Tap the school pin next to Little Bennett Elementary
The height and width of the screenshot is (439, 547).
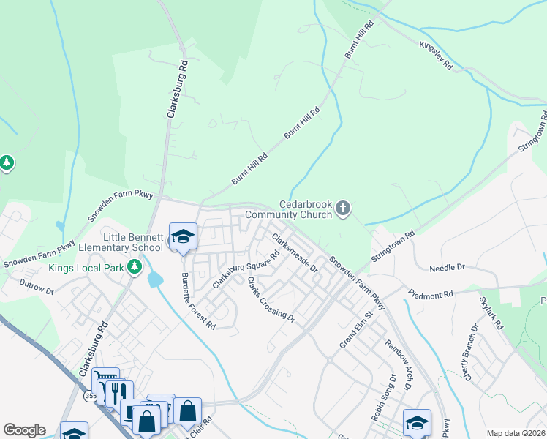183,236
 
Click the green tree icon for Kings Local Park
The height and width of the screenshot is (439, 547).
134,268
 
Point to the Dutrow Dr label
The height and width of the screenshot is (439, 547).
37,286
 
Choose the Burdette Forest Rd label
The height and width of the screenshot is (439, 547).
198,301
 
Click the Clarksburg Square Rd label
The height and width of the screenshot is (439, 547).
246,270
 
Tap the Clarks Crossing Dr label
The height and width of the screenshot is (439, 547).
271,300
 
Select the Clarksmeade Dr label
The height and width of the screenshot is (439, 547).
295,252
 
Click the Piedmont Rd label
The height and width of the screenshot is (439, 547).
431,293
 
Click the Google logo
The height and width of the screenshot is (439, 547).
24,430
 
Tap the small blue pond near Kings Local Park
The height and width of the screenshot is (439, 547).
155,279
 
